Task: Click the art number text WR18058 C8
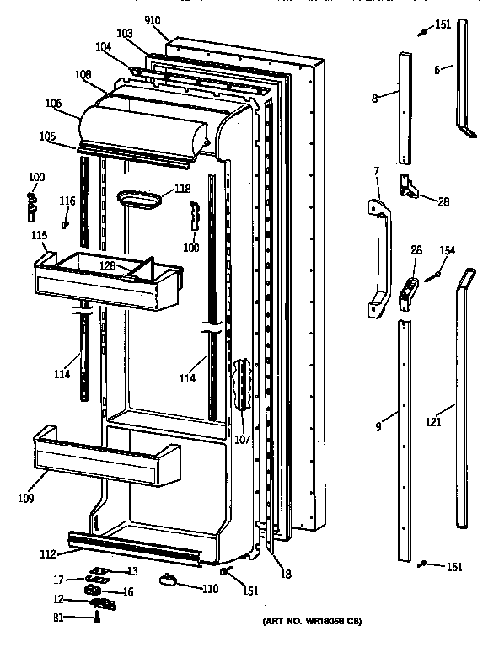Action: (x=314, y=622)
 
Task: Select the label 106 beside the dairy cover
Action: (x=54, y=104)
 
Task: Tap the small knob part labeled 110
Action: (x=165, y=579)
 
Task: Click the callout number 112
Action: (x=48, y=553)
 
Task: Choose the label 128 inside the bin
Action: (x=107, y=266)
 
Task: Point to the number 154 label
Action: (x=448, y=251)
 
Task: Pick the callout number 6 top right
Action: (x=437, y=70)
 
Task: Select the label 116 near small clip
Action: (x=67, y=201)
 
